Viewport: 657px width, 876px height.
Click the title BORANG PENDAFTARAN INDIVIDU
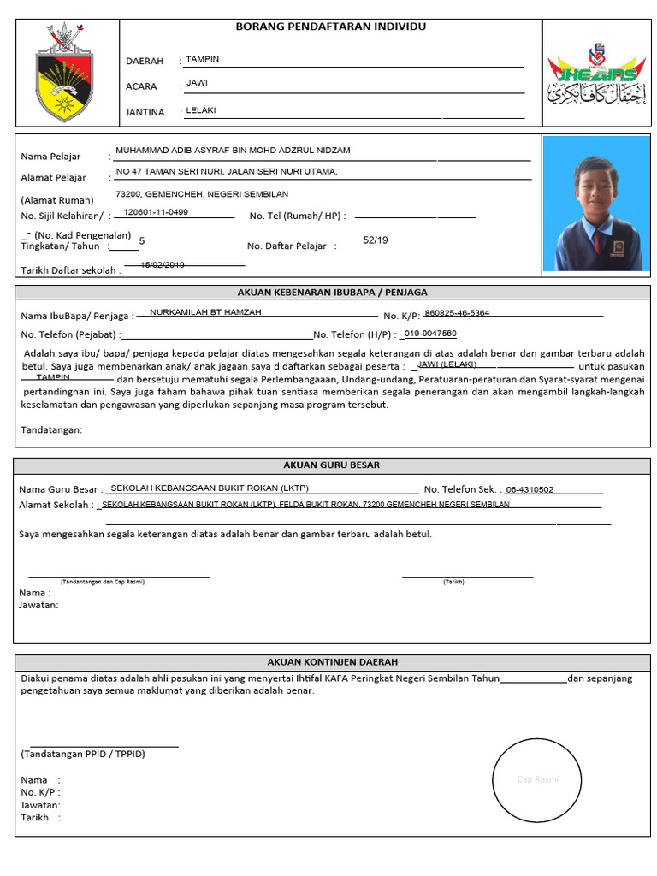330,27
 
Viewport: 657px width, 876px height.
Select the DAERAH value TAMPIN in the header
203,59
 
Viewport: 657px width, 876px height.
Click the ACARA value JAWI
198,84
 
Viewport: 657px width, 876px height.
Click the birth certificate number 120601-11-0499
157,212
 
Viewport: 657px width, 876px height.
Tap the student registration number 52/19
376,240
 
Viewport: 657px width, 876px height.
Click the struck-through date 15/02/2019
163,265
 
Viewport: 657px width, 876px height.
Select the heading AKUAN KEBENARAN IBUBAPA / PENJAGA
332,292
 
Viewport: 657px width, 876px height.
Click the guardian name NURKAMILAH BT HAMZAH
205,312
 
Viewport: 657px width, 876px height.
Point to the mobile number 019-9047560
430,334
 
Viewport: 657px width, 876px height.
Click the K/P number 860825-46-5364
457,313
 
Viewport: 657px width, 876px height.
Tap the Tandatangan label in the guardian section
51,429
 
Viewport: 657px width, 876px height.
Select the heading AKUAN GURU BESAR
332,465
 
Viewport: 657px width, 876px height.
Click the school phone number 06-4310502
530,490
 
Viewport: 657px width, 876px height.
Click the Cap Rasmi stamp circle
537,779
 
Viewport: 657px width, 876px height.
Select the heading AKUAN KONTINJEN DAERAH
332,662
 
